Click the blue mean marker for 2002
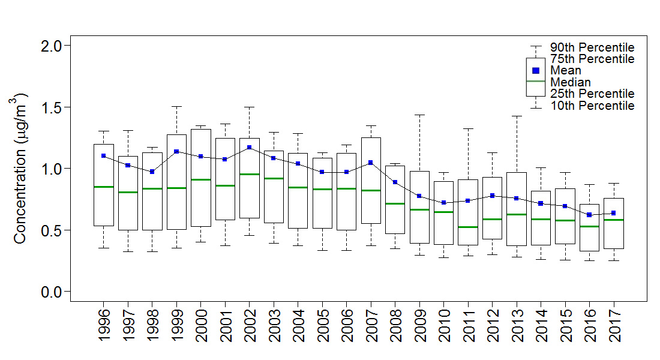tap(249, 147)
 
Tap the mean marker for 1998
tap(152, 172)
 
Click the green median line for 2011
tap(467, 227)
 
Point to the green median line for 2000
tap(200, 179)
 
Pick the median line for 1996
tap(103, 187)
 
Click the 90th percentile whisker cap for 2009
tap(419, 115)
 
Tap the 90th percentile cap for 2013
tap(516, 116)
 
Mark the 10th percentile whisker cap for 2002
tap(249, 235)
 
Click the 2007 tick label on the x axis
tap(371, 326)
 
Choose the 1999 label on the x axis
tap(176, 326)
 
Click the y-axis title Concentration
tap(20, 168)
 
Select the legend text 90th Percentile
tap(592, 47)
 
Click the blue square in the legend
tap(536, 70)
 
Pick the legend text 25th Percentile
tap(592, 94)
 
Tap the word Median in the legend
tap(570, 82)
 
